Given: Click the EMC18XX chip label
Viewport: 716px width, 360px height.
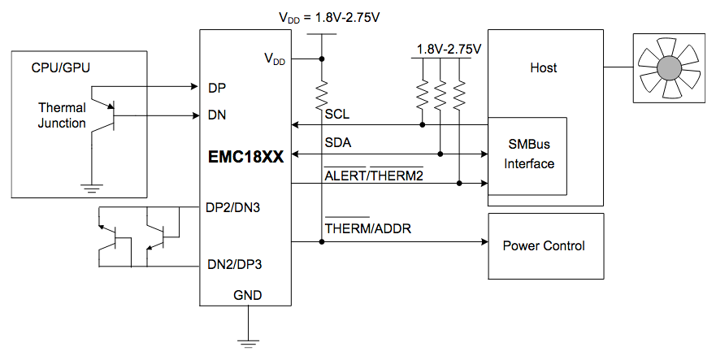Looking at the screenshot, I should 245,158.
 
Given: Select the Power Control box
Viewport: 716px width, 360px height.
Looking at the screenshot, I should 544,245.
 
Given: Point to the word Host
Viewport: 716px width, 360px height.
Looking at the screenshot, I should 544,67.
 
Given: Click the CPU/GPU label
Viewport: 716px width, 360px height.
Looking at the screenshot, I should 60,67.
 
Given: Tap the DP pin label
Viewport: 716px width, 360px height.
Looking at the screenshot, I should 217,87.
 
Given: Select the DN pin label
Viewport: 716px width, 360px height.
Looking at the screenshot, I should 217,115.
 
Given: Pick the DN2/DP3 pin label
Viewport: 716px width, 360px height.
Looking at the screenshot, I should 235,264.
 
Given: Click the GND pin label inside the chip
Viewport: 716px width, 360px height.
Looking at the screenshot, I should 247,295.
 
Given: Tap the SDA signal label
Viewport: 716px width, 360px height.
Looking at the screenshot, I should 338,142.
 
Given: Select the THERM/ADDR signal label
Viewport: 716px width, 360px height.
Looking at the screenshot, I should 368,229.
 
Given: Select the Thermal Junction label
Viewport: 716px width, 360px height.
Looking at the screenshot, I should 62,115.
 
